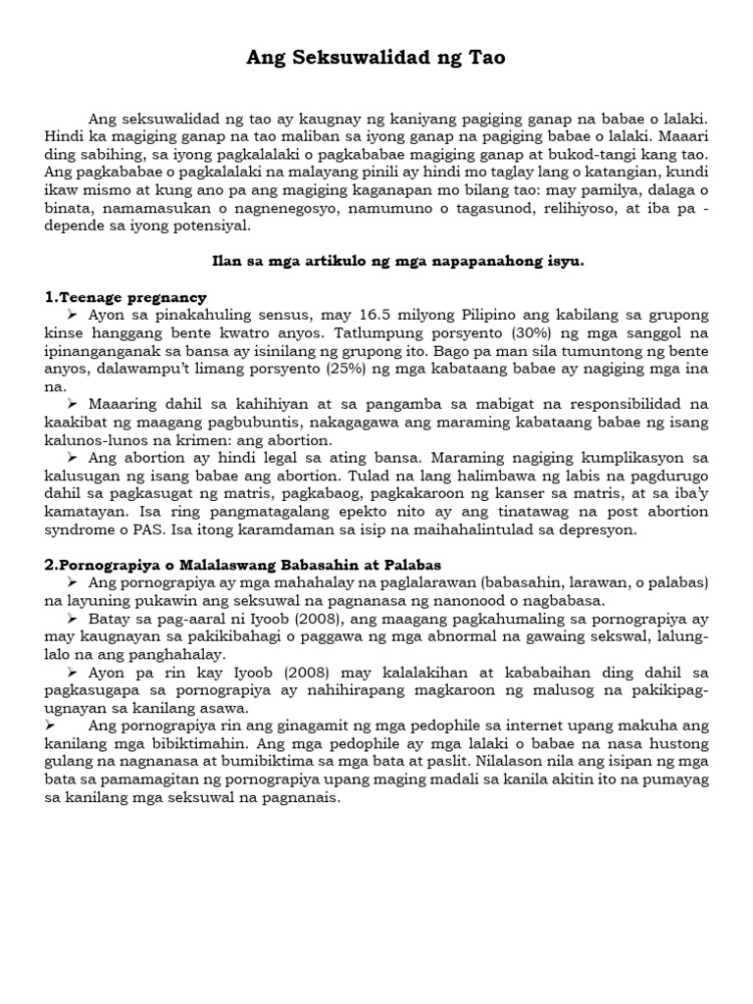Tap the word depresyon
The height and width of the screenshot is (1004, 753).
coord(598,529)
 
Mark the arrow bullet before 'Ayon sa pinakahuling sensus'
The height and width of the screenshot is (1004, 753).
coord(73,316)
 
